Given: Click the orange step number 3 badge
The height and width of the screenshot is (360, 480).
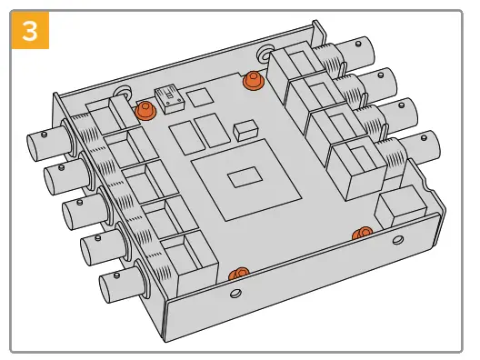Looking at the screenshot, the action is point(30,30).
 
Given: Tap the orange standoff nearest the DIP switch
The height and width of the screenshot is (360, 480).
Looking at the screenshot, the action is point(145,111).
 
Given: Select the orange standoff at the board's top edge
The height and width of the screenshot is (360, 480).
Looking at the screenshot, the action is point(253,80).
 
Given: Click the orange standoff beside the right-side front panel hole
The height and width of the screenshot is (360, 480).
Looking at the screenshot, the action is point(362,234).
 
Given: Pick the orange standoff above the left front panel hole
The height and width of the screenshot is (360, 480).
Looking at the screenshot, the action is point(239,274).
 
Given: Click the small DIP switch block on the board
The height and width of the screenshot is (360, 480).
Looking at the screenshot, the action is point(170,100).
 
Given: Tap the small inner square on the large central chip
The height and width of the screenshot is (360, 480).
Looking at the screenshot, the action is point(245,177).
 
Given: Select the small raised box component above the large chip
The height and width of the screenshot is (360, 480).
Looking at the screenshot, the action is point(245,131).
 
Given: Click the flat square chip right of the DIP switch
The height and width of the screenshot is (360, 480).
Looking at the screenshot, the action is point(200,97).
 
